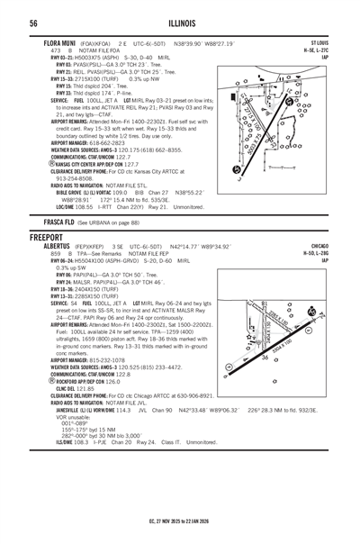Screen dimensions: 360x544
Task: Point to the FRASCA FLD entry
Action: (x=50, y=221)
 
